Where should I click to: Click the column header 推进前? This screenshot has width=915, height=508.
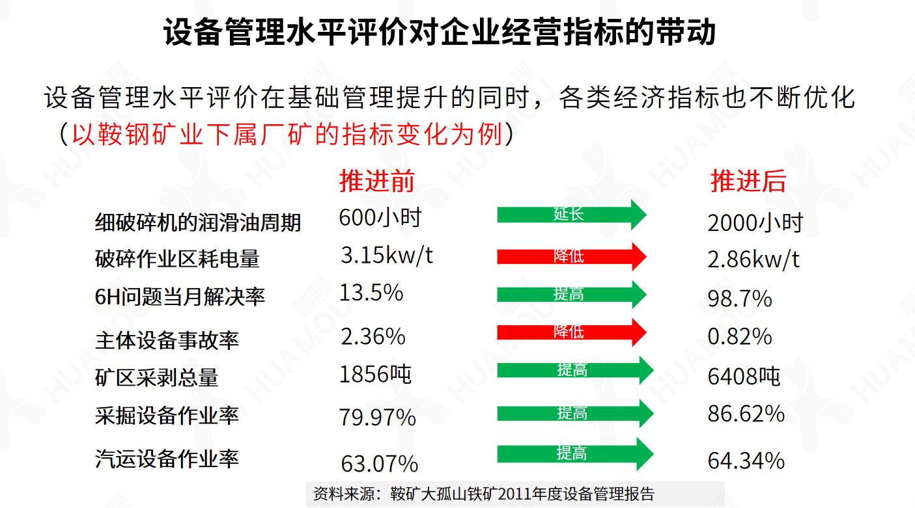[376, 181]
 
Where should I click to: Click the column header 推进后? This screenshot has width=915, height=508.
[748, 181]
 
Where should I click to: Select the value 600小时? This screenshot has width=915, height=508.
[380, 217]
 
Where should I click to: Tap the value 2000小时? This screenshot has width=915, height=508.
[755, 223]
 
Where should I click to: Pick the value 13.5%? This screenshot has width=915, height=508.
[371, 293]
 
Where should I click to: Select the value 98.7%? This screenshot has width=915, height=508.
[739, 299]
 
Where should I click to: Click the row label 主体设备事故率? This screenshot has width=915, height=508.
[167, 340]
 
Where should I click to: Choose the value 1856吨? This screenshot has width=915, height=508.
[376, 374]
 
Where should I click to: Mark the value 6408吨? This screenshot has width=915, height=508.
[744, 377]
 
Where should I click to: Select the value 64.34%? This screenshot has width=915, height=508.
[746, 461]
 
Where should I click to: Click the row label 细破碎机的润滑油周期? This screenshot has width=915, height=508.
[198, 222]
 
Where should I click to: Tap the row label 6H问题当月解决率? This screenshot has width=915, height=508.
[180, 297]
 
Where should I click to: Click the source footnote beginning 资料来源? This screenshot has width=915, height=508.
[484, 493]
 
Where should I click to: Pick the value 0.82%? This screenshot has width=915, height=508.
[739, 336]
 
